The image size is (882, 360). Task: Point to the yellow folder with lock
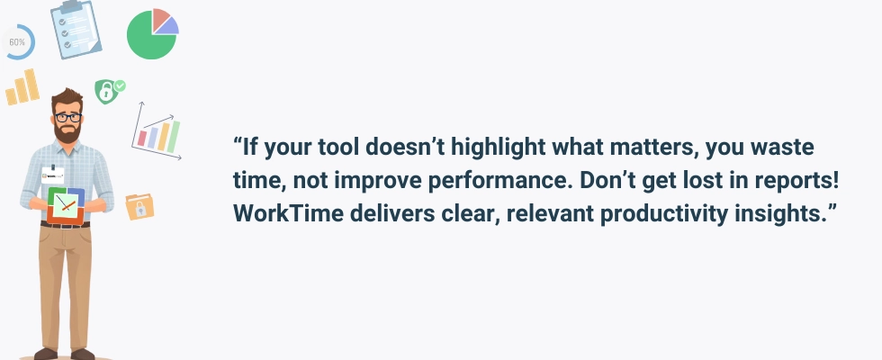[x=139, y=207]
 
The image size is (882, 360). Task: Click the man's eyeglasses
[x=68, y=118]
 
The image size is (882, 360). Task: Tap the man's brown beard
[x=67, y=133]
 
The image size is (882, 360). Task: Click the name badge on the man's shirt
[x=52, y=175]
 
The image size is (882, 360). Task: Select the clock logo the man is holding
[x=66, y=205]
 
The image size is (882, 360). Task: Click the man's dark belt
[x=65, y=225]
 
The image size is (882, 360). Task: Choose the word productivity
[x=664, y=215]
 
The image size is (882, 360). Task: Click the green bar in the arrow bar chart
[x=174, y=137]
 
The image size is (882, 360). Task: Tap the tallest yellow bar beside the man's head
[x=31, y=85]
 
